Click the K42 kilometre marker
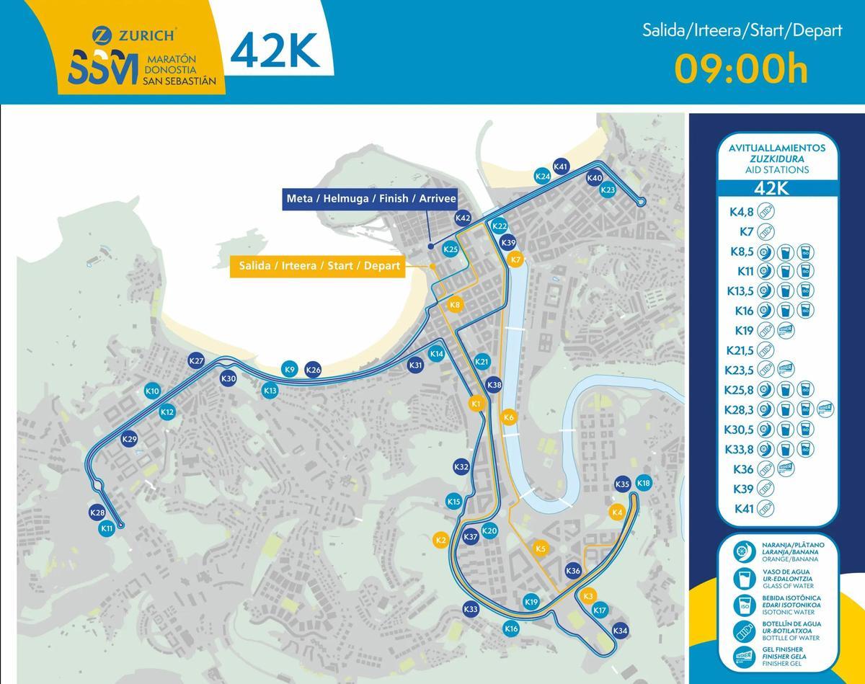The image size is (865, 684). click(x=463, y=218)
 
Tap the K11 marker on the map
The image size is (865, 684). click(x=107, y=528)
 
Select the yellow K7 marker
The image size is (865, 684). click(x=515, y=259)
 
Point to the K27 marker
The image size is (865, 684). click(x=196, y=361)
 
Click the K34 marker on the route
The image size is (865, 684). click(x=621, y=631)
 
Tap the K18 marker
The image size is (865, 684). click(x=644, y=483)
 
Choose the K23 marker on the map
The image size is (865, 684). click(x=608, y=190)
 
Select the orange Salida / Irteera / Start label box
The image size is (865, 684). click(x=319, y=266)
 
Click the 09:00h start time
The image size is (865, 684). click(x=741, y=69)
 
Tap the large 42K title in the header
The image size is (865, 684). click(x=275, y=50)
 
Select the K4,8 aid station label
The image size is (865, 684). click(x=741, y=212)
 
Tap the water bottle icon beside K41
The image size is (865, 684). click(x=766, y=509)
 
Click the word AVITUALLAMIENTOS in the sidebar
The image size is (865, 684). click(x=771, y=147)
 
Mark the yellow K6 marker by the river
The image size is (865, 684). click(x=509, y=417)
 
